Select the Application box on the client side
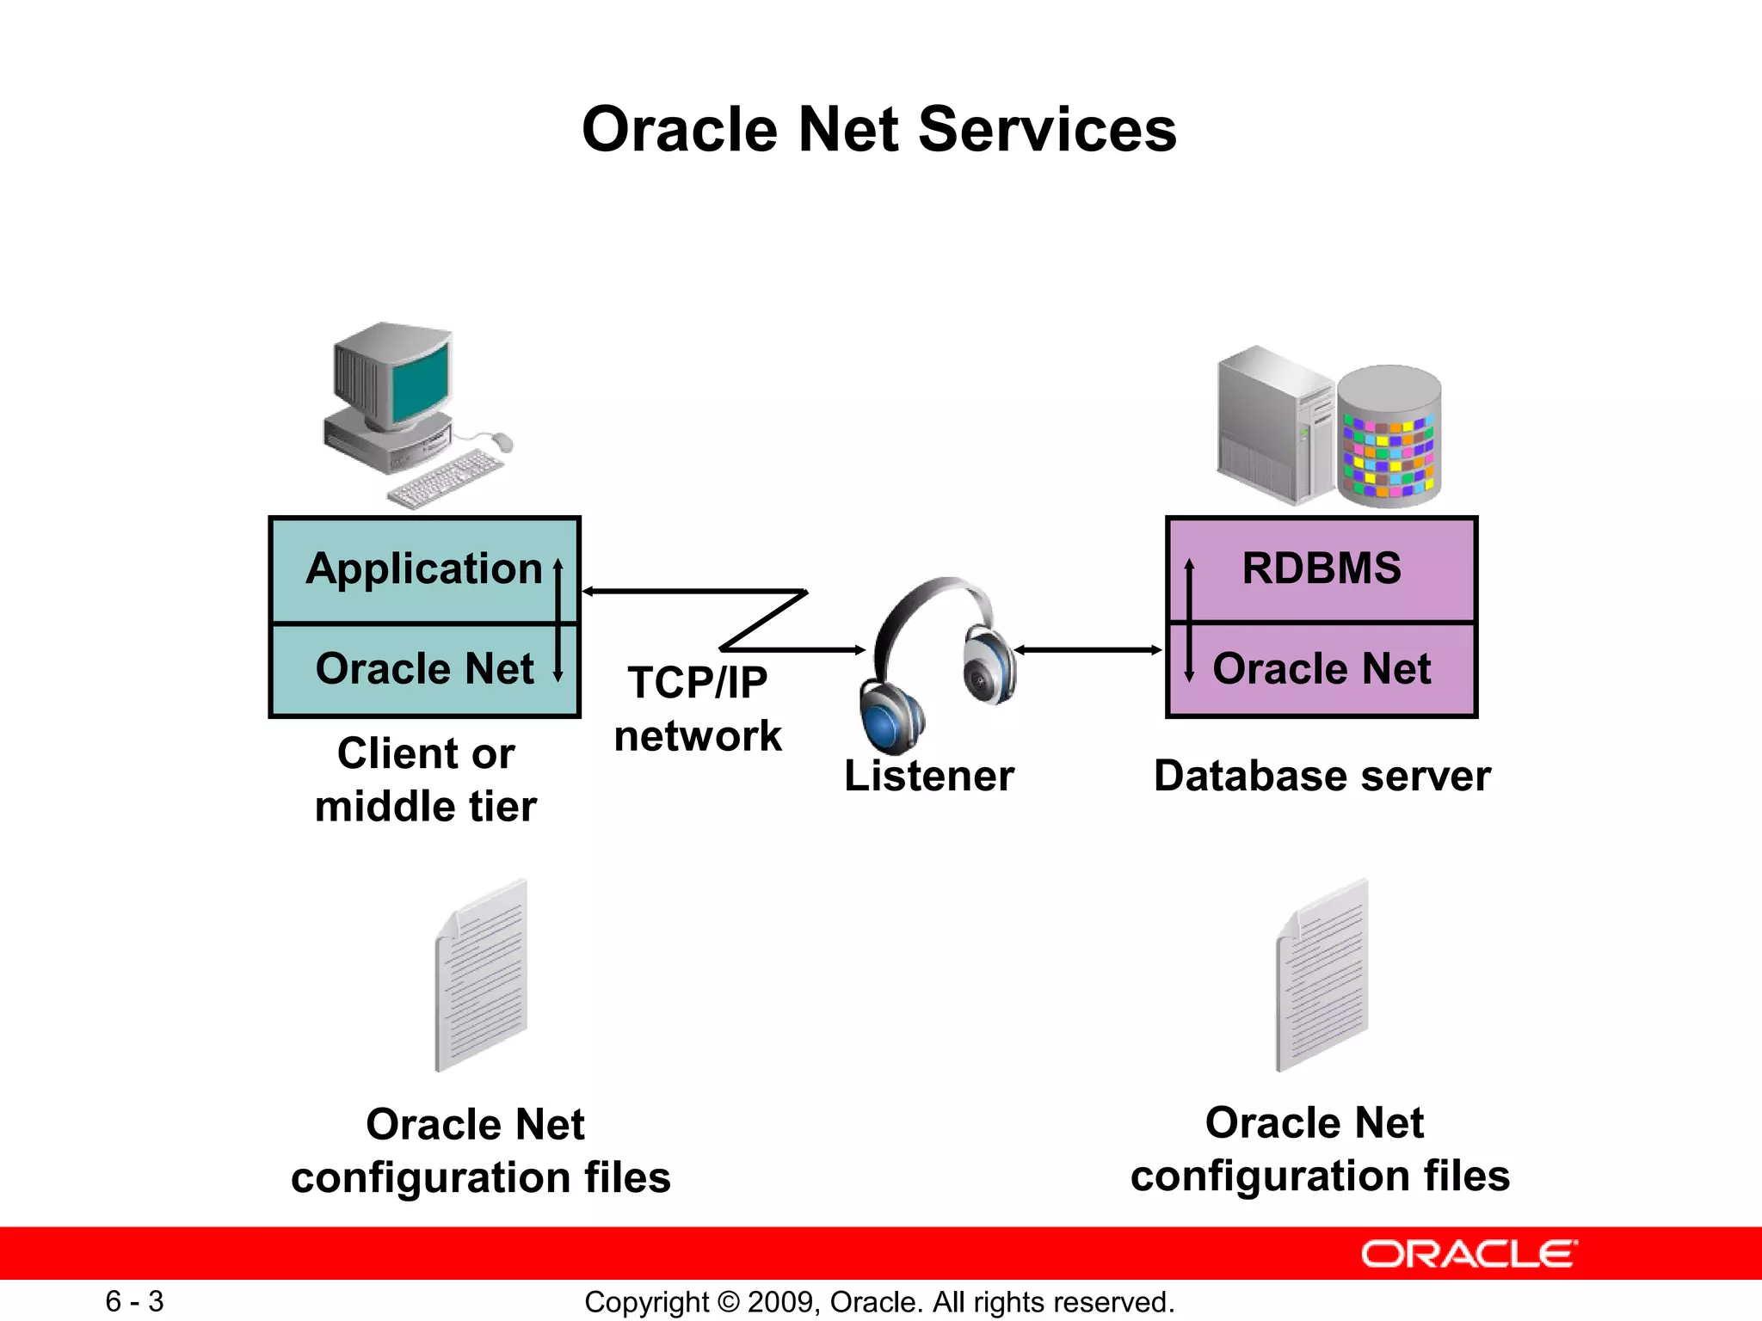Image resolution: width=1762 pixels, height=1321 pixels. tap(424, 569)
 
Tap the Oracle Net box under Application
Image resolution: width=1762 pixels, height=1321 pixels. tap(424, 669)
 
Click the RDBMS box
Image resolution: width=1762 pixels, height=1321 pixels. tap(1321, 569)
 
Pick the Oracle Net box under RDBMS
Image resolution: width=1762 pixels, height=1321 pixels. tap(1321, 669)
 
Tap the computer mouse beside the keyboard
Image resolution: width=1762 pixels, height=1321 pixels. tap(502, 442)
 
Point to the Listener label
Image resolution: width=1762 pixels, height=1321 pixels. tap(929, 776)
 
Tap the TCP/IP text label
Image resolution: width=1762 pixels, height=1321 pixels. tap(697, 683)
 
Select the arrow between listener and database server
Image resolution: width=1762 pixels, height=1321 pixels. tap(1088, 650)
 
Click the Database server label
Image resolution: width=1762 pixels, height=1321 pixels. tap(1321, 776)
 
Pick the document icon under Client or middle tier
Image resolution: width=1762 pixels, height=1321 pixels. tap(482, 976)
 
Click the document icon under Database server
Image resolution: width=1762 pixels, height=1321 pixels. tap(1322, 976)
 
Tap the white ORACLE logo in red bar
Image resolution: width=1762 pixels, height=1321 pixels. tap(1469, 1255)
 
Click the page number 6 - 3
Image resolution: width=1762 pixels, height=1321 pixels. tap(134, 1301)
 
